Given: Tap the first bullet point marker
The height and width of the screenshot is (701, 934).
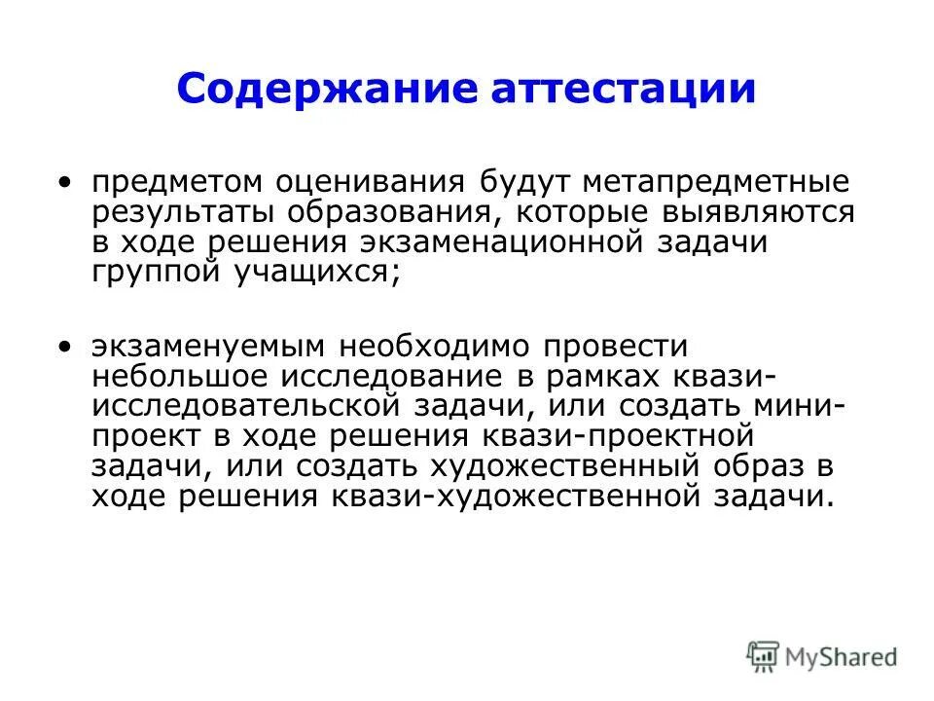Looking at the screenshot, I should point(64,183).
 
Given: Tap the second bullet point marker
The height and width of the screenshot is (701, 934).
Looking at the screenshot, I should point(64,347).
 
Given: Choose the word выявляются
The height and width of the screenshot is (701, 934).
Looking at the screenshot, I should point(768,213).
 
